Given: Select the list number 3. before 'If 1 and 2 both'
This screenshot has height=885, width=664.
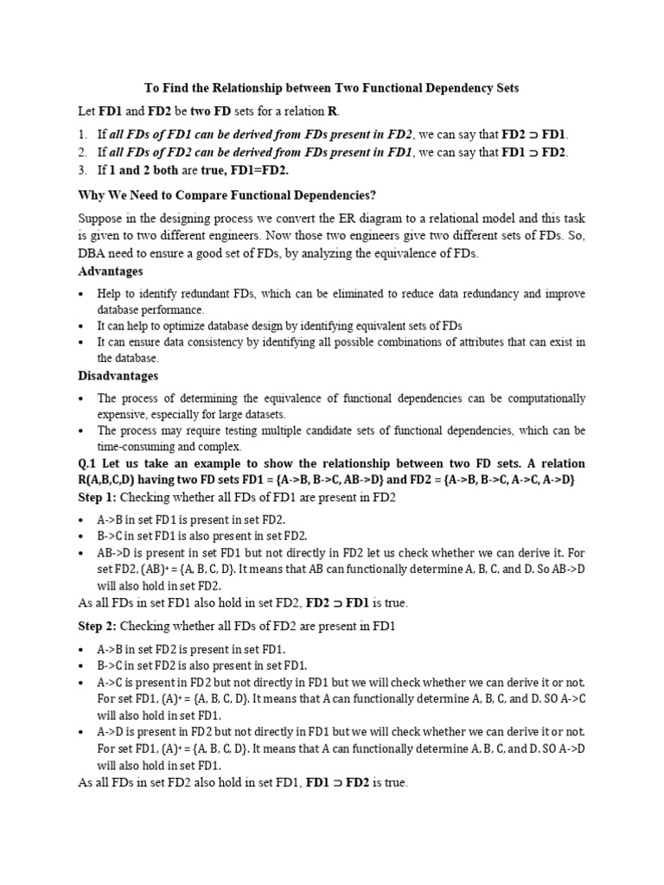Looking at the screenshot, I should tap(82, 169).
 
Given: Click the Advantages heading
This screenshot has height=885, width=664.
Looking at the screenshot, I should tap(112, 271).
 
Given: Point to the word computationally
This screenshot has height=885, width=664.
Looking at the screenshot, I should tap(539, 398).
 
